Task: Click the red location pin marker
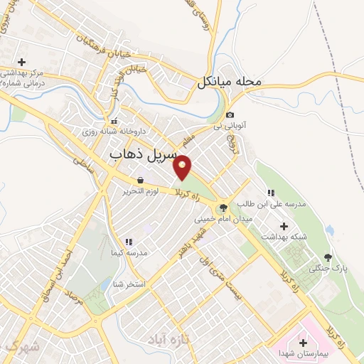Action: [x=183, y=168]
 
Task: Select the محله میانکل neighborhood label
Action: [x=230, y=82]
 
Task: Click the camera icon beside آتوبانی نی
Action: [x=230, y=115]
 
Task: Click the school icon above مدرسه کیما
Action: [x=129, y=242]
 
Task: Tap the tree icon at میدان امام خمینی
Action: [x=224, y=208]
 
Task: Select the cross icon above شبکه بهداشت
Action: [x=284, y=225]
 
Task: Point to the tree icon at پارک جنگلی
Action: [x=327, y=257]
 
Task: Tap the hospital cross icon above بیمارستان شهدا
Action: [x=303, y=343]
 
